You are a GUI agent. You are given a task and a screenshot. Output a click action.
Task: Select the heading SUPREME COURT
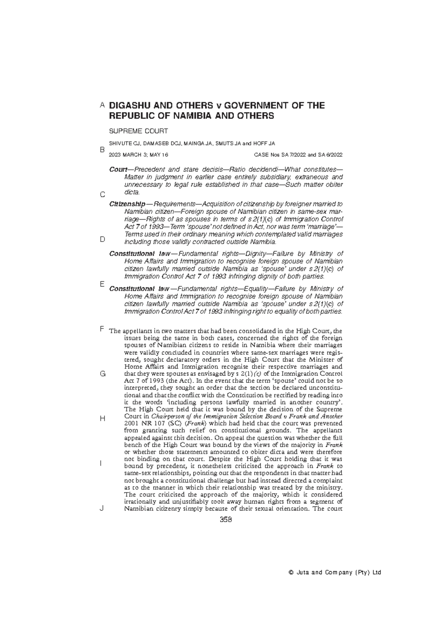pos(138,131)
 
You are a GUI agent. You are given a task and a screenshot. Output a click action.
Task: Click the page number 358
pos(226,520)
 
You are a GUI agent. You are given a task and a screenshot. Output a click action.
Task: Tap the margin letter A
pos(102,105)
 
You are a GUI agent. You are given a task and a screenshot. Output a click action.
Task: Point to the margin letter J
pos(102,508)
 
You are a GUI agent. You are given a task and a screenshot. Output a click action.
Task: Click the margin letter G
pos(103,374)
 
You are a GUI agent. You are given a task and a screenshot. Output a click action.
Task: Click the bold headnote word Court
pos(118,169)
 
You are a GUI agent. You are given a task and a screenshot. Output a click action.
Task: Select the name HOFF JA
pos(266,143)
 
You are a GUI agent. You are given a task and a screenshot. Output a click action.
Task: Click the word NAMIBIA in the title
pos(193,116)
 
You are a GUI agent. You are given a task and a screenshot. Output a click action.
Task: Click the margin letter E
pos(102,284)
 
